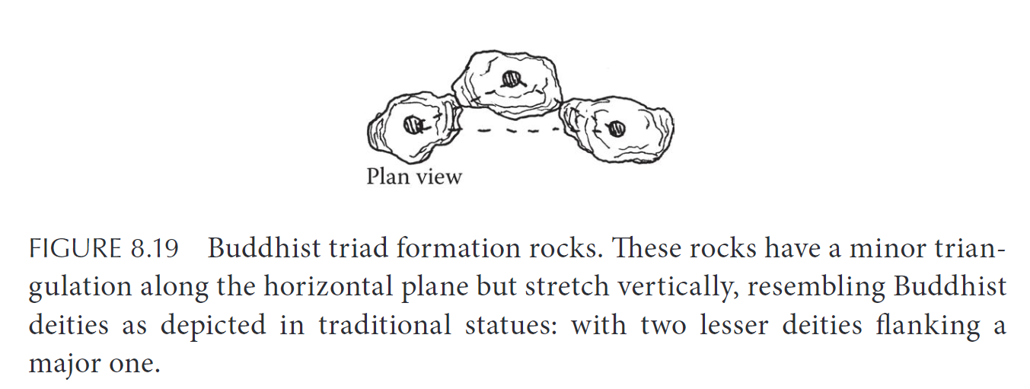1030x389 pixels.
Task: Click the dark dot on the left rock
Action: click(412, 125)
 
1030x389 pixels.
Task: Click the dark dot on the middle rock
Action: click(511, 79)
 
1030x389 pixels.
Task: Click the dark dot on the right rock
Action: click(617, 129)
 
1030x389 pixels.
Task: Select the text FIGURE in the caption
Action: click(75, 249)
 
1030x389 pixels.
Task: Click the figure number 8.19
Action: click(155, 249)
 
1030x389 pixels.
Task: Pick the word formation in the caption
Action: click(458, 248)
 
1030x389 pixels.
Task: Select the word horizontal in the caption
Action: click(328, 286)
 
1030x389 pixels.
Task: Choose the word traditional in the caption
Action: click(385, 324)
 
